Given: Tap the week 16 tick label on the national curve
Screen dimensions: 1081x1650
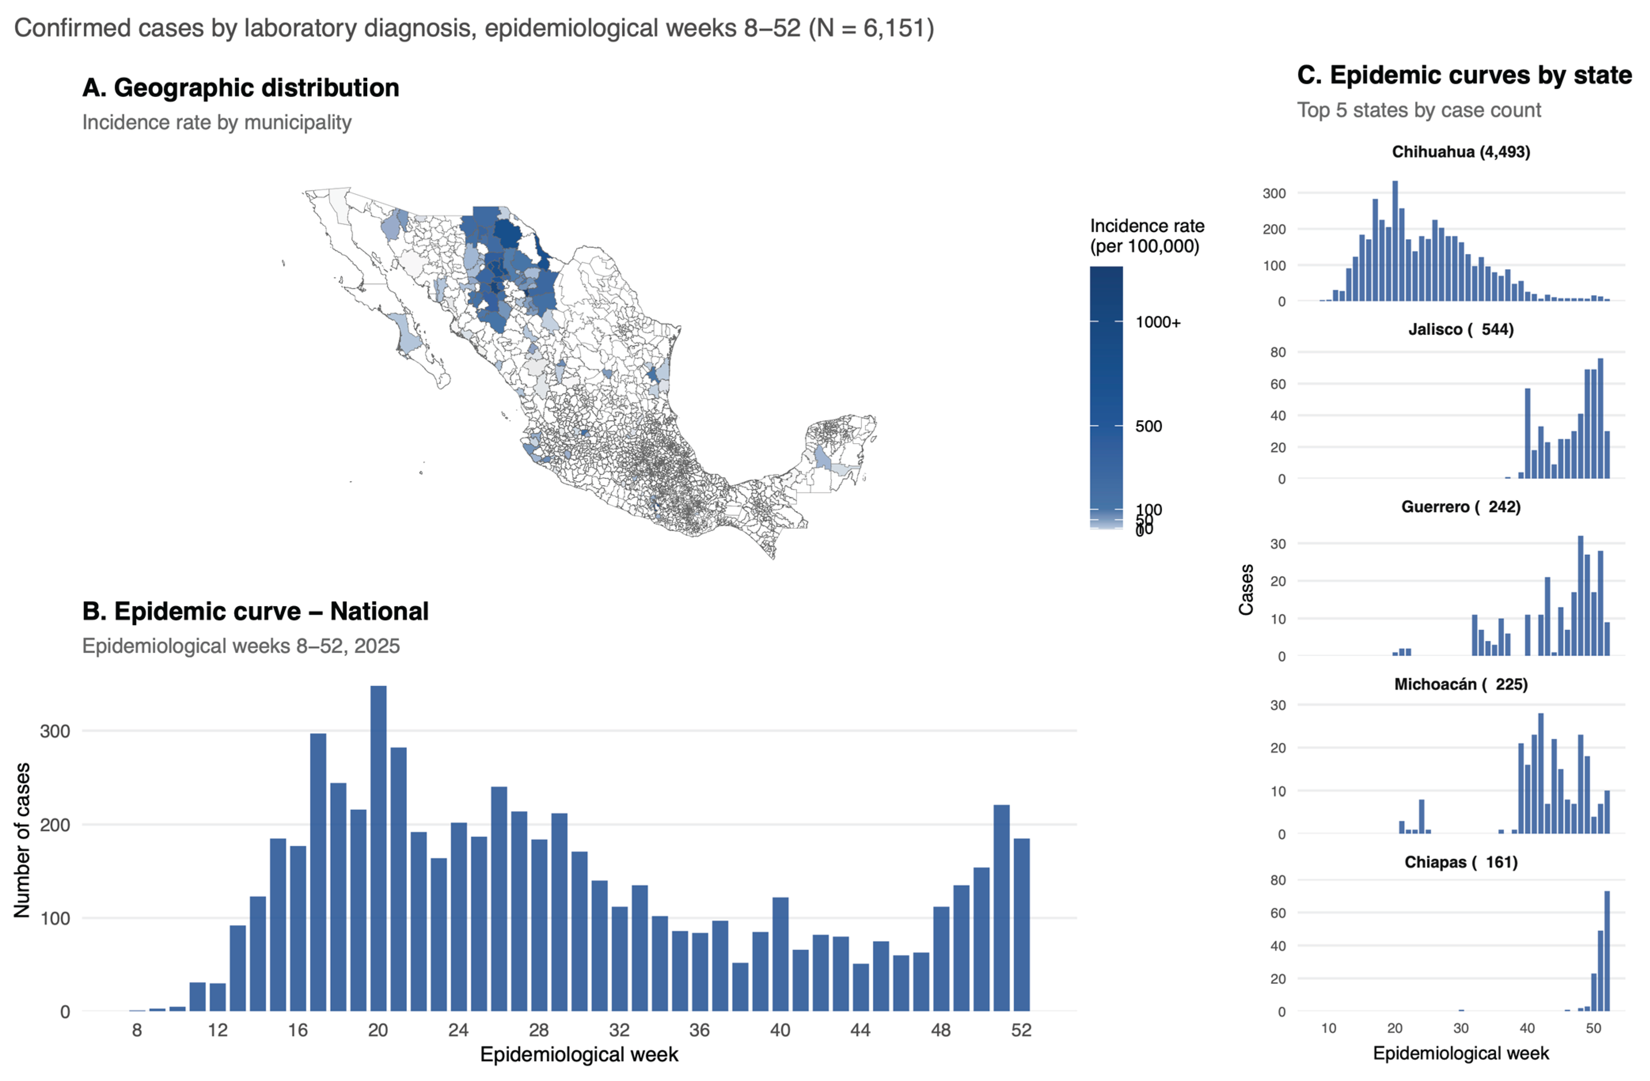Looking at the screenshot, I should [x=298, y=1030].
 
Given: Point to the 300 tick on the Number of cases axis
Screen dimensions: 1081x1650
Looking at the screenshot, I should [x=55, y=731].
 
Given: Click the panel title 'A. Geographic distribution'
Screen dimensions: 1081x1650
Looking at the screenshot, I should [x=241, y=88].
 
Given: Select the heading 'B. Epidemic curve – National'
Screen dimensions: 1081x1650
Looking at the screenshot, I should [x=255, y=611].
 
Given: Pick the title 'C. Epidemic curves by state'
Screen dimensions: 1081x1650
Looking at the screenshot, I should [x=1464, y=75].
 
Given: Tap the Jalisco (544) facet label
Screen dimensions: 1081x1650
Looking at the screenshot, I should [x=1461, y=329].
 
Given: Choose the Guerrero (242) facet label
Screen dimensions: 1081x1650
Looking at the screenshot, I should [x=1461, y=506].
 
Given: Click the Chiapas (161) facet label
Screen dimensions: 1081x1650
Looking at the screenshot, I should [x=1461, y=862].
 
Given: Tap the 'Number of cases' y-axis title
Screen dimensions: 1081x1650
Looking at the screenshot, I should [x=22, y=840].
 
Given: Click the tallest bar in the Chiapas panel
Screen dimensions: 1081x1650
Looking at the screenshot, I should [x=1607, y=951].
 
